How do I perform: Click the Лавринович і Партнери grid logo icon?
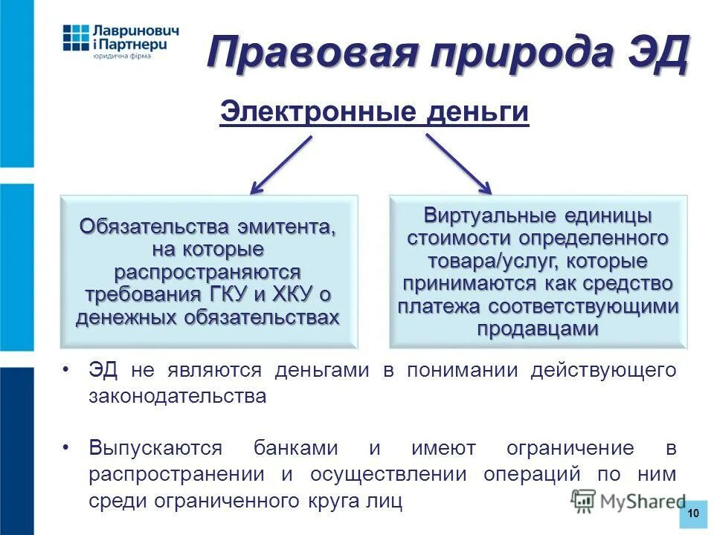click(x=75, y=38)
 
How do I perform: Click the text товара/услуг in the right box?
click(x=489, y=262)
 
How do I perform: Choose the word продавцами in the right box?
click(x=538, y=329)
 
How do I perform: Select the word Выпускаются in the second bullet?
click(x=155, y=448)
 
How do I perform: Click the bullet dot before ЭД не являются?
click(x=67, y=369)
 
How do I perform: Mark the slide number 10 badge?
click(x=693, y=514)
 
